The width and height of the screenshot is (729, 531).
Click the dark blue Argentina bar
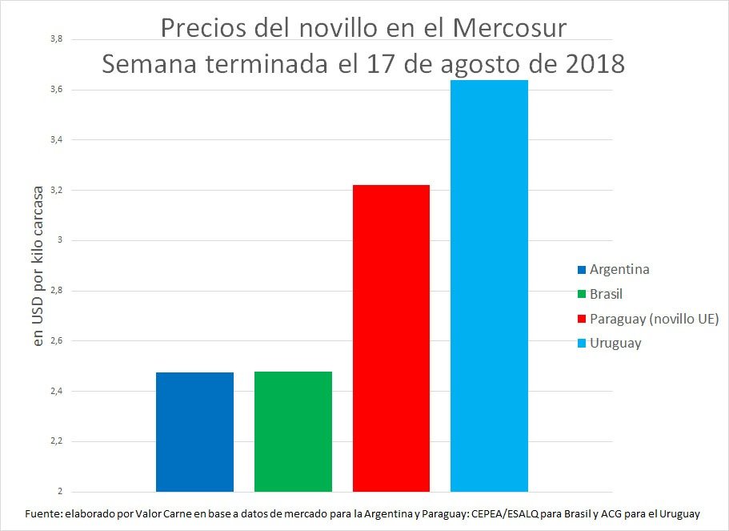pyautogui.click(x=194, y=432)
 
